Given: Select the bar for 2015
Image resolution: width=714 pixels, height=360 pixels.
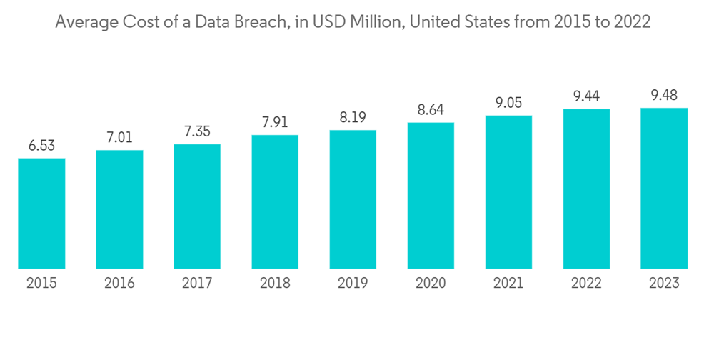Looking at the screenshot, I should point(41,213).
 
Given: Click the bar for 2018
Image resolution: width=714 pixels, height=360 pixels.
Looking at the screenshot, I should point(275,201).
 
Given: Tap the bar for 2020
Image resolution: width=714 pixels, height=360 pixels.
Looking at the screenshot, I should point(431,195).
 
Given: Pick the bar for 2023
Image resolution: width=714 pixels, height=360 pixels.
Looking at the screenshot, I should point(663,188).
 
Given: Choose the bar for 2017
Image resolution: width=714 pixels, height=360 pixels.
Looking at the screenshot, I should point(197,206).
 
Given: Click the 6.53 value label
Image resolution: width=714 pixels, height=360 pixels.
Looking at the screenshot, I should point(41,145).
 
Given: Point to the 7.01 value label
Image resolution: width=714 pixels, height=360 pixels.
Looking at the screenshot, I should point(119,136).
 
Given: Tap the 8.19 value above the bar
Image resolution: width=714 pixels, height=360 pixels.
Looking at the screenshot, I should point(353,117).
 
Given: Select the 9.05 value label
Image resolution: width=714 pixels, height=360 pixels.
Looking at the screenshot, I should point(508,102).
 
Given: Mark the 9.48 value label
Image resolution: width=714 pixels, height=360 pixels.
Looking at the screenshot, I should point(663,95).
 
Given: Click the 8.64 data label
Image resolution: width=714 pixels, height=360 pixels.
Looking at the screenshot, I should point(431,109).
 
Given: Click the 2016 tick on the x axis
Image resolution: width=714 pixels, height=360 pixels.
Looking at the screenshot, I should point(119,284).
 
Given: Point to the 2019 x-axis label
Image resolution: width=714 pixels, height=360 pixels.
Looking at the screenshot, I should point(353,284).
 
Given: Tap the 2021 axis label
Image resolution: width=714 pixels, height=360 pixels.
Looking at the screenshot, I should point(508,284).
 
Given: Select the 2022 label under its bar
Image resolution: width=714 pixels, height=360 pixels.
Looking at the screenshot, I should point(586,284).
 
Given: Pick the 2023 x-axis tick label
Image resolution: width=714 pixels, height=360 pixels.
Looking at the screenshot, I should point(663,284).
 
